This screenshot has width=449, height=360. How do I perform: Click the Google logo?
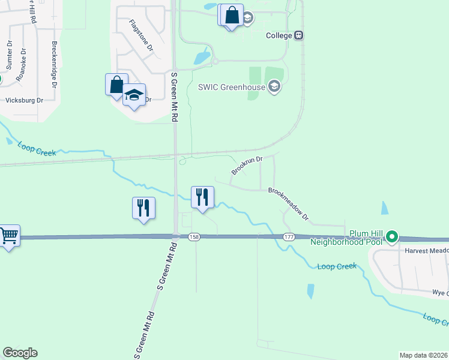[x=20, y=353]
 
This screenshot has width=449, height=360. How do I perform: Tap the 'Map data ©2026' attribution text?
[x=423, y=355]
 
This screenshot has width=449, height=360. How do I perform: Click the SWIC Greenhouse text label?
[x=232, y=87]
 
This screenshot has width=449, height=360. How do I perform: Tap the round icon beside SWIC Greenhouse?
[x=274, y=88]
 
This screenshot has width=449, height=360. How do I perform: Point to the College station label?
[x=279, y=35]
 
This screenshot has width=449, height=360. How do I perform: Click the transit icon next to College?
[x=298, y=35]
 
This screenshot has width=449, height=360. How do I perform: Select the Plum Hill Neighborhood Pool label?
[x=347, y=238]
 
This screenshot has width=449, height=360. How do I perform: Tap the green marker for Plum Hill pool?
[x=392, y=236]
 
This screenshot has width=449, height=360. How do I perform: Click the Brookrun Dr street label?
[x=247, y=166]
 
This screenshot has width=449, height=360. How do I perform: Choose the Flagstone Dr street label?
[x=142, y=34]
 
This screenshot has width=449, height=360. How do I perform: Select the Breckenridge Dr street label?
[x=54, y=65]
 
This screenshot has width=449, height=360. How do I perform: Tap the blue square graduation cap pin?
[x=134, y=95]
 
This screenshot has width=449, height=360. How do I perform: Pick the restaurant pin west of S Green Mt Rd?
[x=143, y=208]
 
